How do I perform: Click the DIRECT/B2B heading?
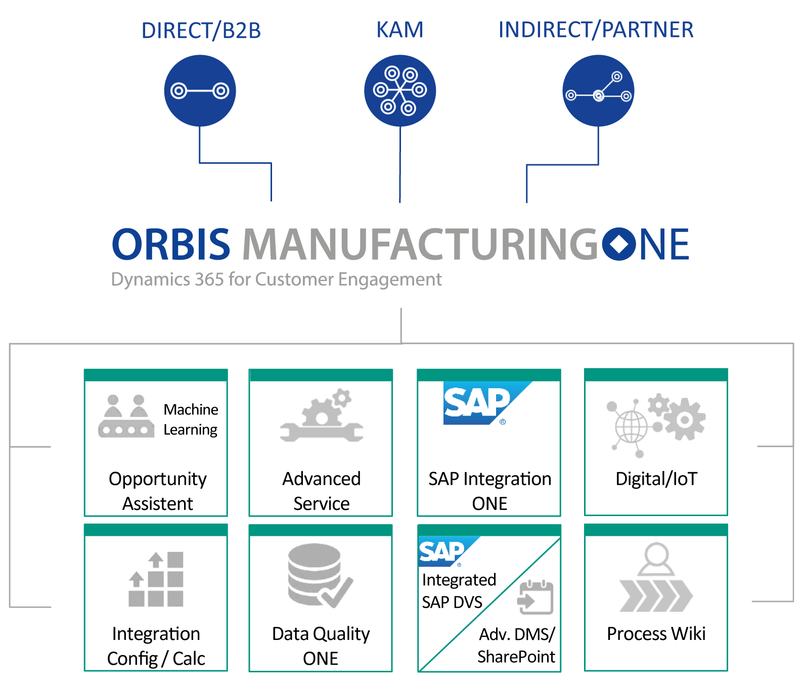(201, 30)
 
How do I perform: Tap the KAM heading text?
(399, 30)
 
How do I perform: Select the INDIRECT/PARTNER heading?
(596, 30)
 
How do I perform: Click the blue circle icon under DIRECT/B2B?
(200, 91)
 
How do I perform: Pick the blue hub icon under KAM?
(400, 90)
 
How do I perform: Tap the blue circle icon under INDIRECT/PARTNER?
(598, 91)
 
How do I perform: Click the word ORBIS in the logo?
(171, 245)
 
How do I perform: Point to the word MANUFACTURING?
(420, 245)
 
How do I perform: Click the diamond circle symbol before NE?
(619, 245)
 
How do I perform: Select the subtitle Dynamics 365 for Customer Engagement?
(276, 279)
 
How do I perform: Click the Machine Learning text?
(191, 419)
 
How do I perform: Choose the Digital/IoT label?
(656, 479)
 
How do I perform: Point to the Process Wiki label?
(656, 633)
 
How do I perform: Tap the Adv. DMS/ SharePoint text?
(516, 645)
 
